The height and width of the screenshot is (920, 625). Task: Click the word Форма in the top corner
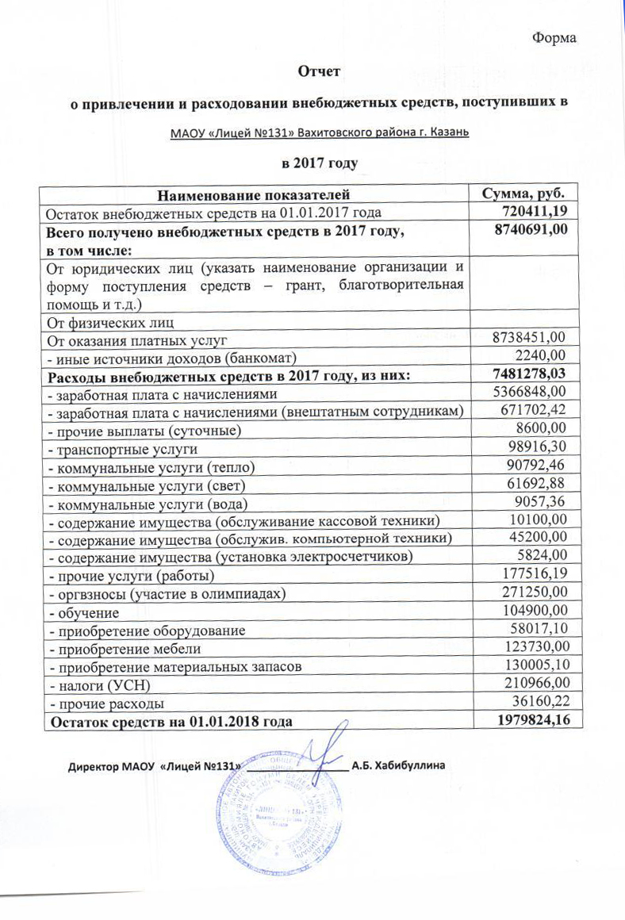554,38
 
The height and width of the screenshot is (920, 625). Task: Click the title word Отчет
318,71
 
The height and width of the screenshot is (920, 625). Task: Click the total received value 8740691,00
533,229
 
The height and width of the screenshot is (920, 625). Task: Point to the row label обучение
85,613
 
